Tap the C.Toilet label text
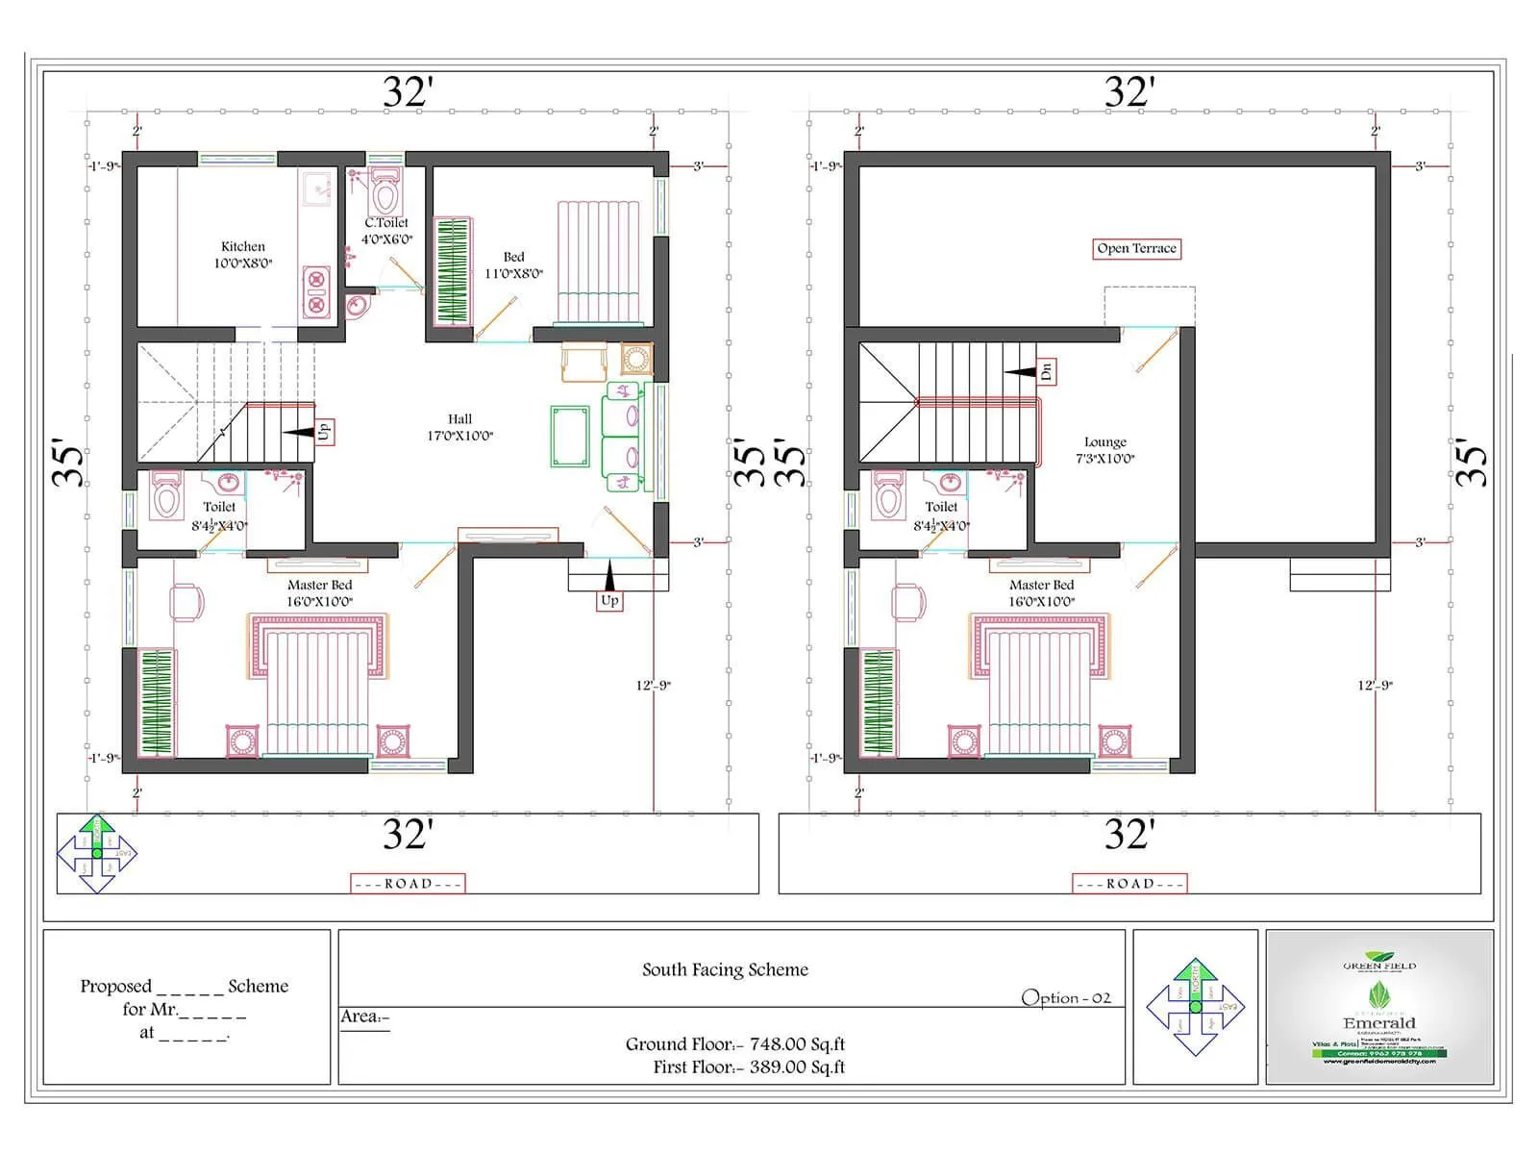386,223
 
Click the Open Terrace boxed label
1136,248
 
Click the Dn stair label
1047,371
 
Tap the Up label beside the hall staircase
323,431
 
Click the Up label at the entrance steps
609,600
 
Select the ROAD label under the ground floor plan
408,883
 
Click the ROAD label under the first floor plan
1129,883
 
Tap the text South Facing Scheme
725,969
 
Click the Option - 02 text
1065,997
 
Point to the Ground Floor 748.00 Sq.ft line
734,1043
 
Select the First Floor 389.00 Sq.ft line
748,1066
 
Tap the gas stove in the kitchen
315,292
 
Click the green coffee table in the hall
570,437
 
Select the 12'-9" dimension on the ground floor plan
653,685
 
